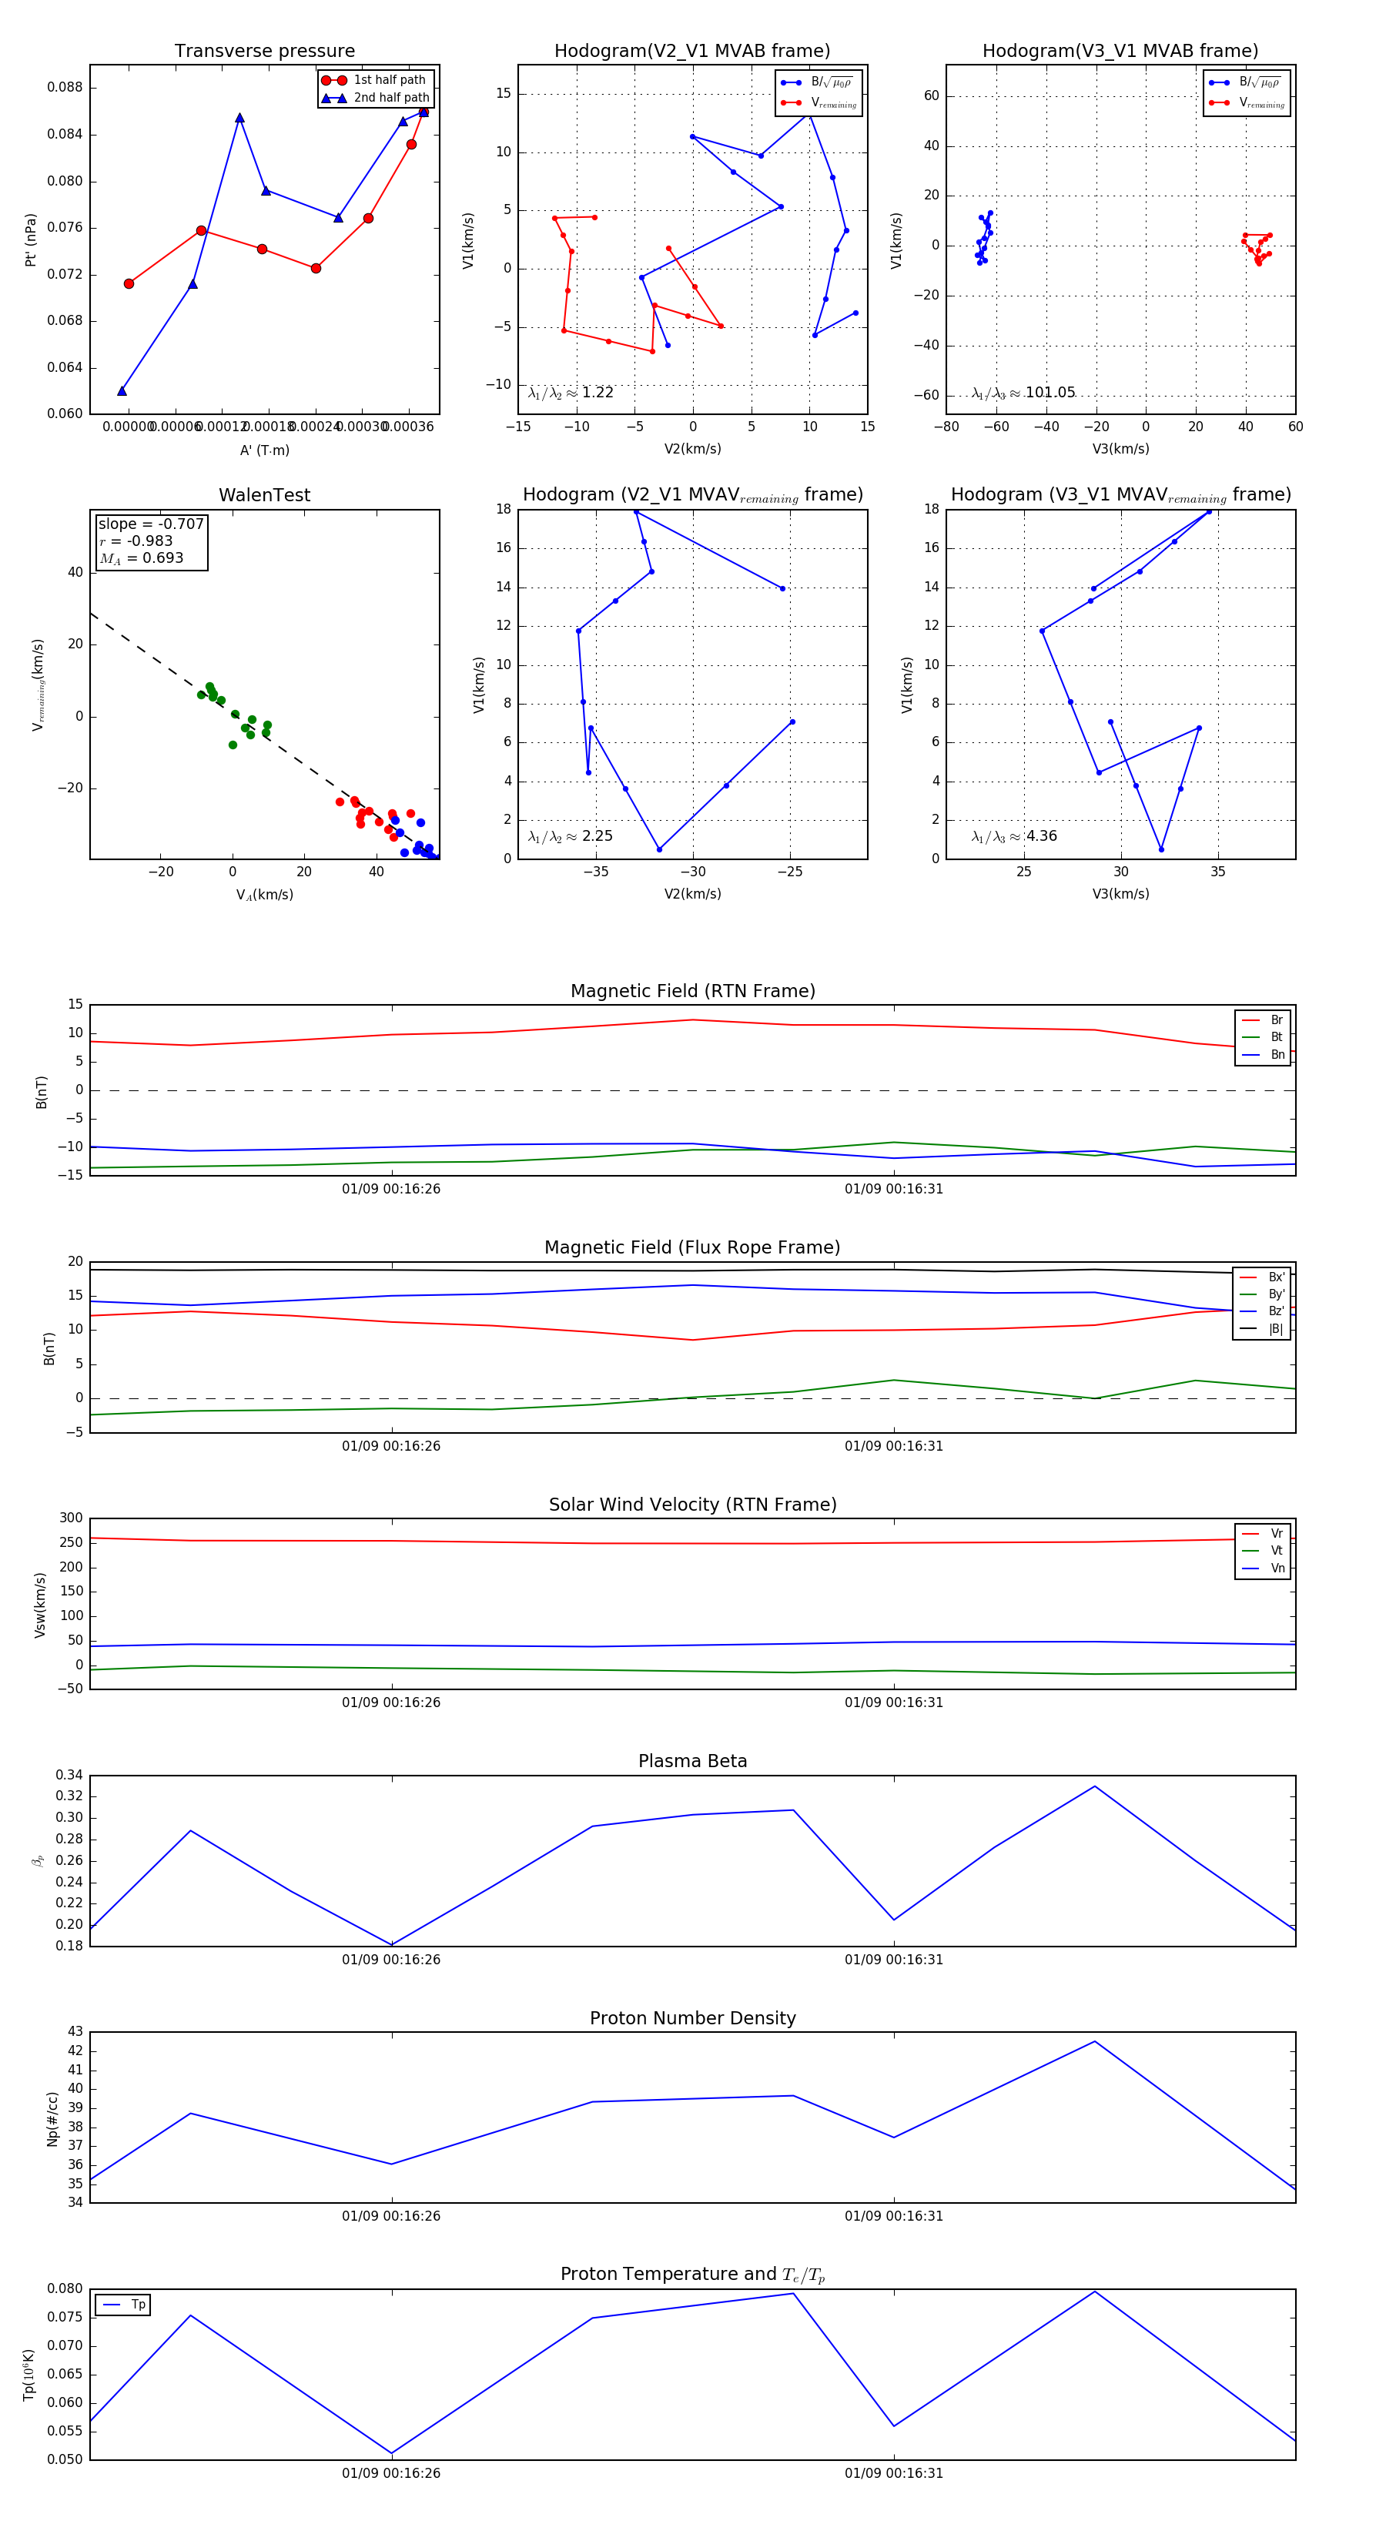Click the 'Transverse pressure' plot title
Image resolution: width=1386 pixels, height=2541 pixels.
[x=264, y=52]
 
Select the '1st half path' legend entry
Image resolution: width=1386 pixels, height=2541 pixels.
[x=389, y=80]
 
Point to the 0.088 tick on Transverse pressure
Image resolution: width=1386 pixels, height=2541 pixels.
[x=65, y=87]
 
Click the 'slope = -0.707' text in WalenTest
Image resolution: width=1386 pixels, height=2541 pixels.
[x=151, y=524]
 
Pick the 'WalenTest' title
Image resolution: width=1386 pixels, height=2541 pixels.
[x=264, y=495]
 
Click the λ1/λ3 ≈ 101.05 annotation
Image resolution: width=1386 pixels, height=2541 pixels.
[x=1023, y=393]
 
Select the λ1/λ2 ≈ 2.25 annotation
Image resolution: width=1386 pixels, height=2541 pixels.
[x=570, y=836]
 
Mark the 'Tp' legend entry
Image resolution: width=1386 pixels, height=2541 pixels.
[x=137, y=2305]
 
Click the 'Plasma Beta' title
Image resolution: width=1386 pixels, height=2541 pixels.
[x=692, y=1761]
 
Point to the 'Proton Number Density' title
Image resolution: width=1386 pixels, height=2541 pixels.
[x=692, y=2018]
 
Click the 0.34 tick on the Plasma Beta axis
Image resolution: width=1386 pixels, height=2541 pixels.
[x=69, y=1775]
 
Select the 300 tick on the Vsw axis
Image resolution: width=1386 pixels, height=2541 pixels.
[x=71, y=1518]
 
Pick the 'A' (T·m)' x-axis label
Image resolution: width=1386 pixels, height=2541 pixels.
[x=264, y=450]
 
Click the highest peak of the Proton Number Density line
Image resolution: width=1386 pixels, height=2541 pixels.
[x=1094, y=2042]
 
